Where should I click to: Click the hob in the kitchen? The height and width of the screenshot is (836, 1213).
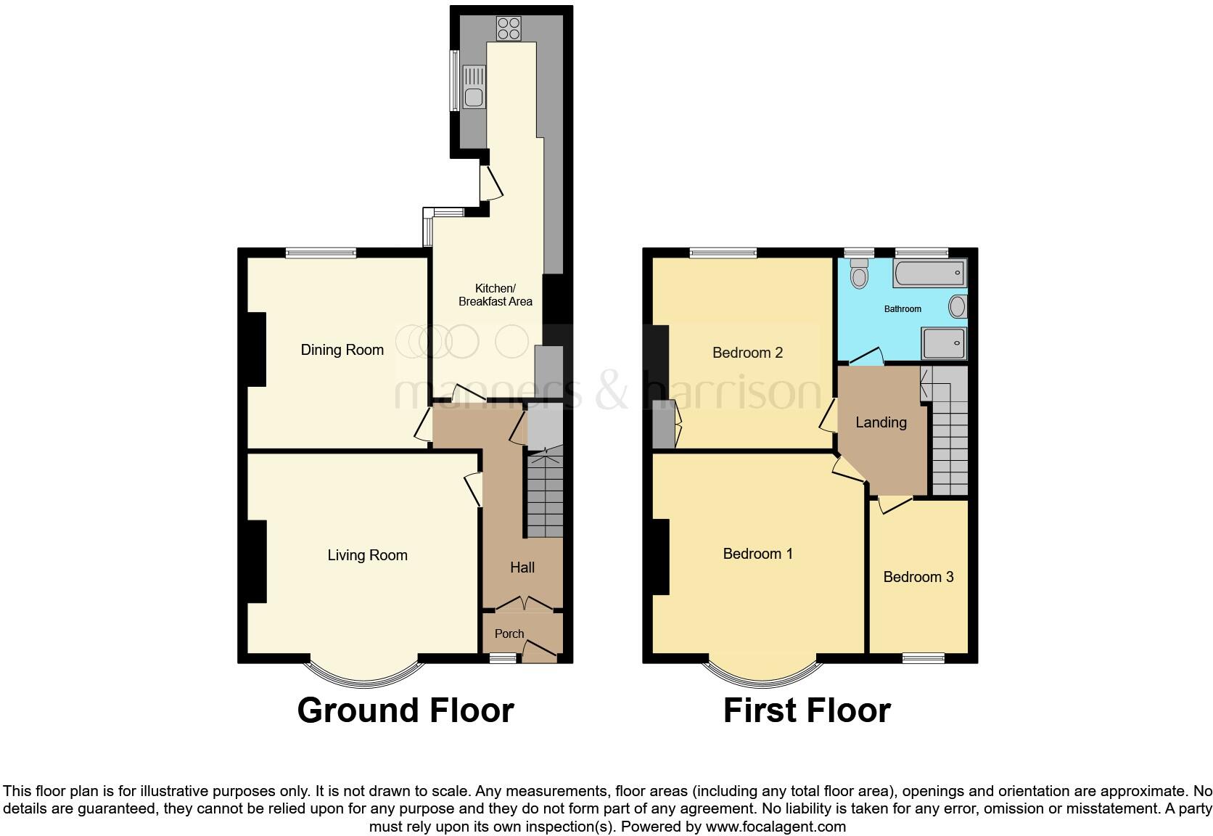pos(509,28)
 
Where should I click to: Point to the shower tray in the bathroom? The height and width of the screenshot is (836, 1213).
pos(944,342)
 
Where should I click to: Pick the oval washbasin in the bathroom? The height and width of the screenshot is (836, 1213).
pos(958,307)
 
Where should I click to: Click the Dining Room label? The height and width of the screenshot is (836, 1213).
pos(342,350)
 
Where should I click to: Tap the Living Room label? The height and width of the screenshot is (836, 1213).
pos(367,555)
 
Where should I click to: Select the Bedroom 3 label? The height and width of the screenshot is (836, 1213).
pos(918,577)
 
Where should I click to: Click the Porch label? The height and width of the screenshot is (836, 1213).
pos(509,634)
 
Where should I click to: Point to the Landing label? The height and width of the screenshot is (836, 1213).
pos(881,422)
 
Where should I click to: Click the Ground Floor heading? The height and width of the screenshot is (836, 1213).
pos(406,710)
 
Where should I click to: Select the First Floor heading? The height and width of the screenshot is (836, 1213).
pos(807,710)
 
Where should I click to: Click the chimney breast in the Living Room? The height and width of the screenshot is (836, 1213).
pos(257,562)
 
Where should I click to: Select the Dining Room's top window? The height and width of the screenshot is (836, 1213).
pos(320,253)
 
